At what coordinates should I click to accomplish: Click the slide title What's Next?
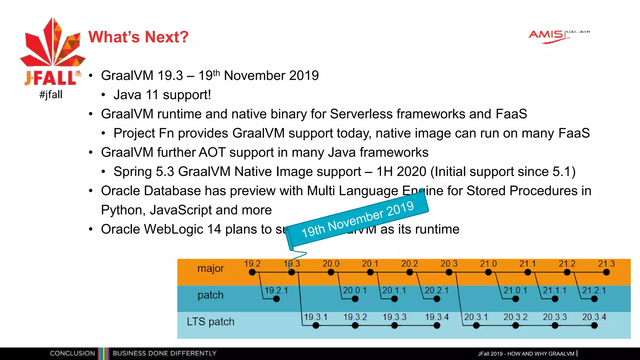click(138, 37)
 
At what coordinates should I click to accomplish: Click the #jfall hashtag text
click(51, 94)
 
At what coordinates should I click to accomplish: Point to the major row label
click(210, 268)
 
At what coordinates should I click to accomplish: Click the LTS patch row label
click(210, 322)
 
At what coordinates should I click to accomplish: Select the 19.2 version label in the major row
click(252, 264)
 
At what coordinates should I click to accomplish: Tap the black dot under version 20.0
click(331, 272)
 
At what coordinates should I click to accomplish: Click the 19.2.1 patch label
click(276, 290)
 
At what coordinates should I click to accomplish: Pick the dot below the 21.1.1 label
click(555, 299)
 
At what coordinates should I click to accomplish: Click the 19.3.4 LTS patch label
click(437, 317)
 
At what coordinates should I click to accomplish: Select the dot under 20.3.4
click(594, 326)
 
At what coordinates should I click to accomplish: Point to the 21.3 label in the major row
click(606, 264)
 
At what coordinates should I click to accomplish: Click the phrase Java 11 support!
click(162, 95)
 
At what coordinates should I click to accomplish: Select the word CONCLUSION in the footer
click(72, 353)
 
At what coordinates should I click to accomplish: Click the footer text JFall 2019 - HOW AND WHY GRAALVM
click(526, 354)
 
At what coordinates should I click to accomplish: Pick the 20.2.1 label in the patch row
click(437, 290)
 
